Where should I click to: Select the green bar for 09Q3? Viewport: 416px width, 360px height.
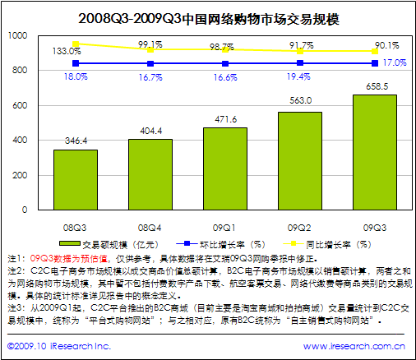pos(374,153)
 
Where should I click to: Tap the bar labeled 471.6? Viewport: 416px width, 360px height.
pos(224,169)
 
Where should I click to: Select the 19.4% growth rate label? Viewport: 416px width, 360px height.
pos(299,76)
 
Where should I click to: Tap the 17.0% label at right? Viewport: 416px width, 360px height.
pos(395,62)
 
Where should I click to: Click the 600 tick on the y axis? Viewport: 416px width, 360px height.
pos(20,106)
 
